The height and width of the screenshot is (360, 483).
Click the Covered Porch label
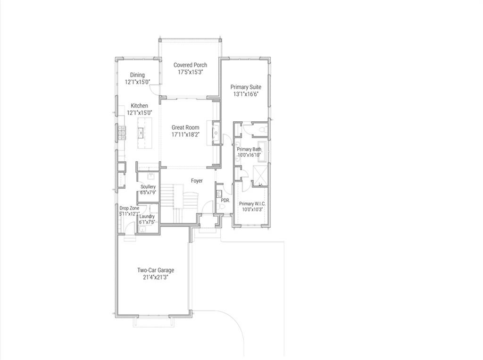pos(190,65)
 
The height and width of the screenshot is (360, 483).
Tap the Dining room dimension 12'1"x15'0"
pos(137,82)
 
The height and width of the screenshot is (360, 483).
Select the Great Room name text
pos(185,127)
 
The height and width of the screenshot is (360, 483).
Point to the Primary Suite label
pos(245,87)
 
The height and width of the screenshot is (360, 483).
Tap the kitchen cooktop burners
pos(121,134)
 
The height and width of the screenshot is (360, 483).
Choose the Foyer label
pos(197,181)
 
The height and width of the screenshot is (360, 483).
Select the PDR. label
pos(225,201)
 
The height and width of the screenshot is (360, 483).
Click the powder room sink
pos(219,193)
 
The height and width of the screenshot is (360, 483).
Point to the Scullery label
pos(148,187)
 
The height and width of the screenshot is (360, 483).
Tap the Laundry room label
pos(147,217)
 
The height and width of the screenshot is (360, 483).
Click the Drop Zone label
pos(129,208)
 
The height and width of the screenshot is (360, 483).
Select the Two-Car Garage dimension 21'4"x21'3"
pos(156,278)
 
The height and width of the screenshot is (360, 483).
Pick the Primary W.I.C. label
pos(252,204)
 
